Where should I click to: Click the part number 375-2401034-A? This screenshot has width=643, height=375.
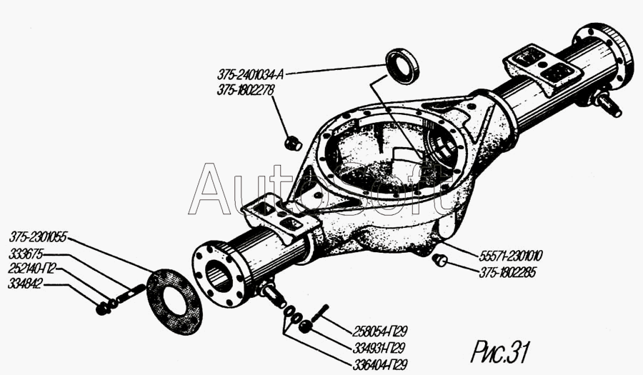[250, 74]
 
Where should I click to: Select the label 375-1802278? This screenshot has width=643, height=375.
[246, 90]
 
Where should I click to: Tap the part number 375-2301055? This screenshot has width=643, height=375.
[38, 238]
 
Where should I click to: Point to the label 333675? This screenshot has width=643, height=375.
[26, 254]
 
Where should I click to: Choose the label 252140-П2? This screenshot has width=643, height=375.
[31, 269]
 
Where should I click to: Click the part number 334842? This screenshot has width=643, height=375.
[25, 284]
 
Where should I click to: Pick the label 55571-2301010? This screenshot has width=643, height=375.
[511, 256]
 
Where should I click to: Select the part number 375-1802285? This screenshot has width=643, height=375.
[507, 273]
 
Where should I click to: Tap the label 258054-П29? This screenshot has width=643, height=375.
[380, 331]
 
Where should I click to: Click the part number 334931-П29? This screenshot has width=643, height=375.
[379, 348]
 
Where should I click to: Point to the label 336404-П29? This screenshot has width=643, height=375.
[380, 364]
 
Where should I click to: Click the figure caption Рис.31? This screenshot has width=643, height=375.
[500, 352]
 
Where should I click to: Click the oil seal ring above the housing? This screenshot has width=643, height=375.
[402, 66]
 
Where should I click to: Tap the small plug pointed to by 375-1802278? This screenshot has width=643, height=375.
[293, 143]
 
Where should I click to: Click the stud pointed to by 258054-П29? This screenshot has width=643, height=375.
[321, 312]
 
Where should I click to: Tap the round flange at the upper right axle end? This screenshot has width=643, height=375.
[603, 56]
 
